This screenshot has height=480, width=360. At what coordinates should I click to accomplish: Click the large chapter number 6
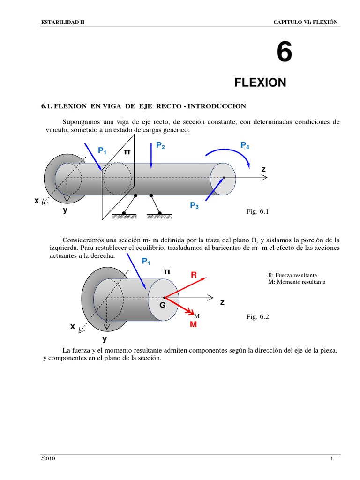(284, 52)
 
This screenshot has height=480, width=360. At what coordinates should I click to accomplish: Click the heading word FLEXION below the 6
(260, 83)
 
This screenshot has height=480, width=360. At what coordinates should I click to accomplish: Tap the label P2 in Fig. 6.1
(160, 146)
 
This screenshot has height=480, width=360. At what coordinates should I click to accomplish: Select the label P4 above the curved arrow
(245, 145)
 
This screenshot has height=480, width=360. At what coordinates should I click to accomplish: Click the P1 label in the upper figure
(102, 150)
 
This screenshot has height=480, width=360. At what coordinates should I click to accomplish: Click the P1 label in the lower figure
(146, 261)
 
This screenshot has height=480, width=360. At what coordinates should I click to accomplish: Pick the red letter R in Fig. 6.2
(194, 275)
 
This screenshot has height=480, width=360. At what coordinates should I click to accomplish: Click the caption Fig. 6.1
(256, 212)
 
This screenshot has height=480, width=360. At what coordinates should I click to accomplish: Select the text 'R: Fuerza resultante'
(293, 275)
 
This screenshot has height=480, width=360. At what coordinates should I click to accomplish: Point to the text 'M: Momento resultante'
(296, 282)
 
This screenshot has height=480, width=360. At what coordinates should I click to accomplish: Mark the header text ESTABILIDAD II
(63, 22)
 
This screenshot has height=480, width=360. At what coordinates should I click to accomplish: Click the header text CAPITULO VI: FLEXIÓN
(305, 22)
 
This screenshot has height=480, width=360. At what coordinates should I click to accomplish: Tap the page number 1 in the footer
(331, 459)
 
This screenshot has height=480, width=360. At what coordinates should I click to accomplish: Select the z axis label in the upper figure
(263, 169)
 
